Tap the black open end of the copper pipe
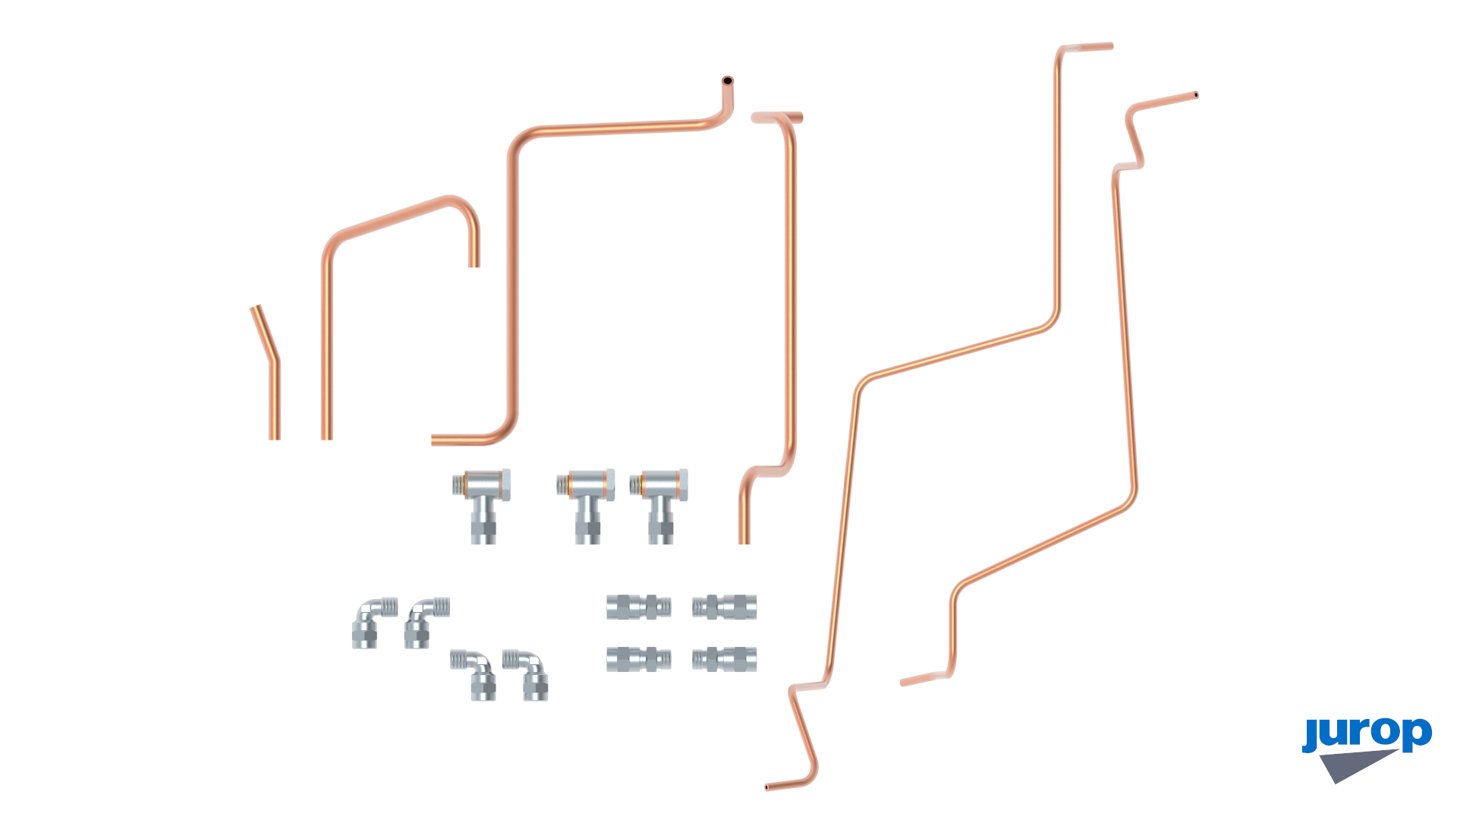point(727,80)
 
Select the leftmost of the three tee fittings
point(482,505)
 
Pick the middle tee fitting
point(586,505)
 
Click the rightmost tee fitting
point(659,505)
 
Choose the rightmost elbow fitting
point(526,674)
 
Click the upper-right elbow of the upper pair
point(426,622)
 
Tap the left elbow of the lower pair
point(474,674)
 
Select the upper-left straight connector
point(639,607)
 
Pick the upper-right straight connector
point(725,607)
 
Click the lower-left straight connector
point(639,660)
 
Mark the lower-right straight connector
point(725,660)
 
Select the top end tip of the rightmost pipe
point(1196,96)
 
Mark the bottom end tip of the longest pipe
point(767,787)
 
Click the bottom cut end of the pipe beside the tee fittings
point(744,542)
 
